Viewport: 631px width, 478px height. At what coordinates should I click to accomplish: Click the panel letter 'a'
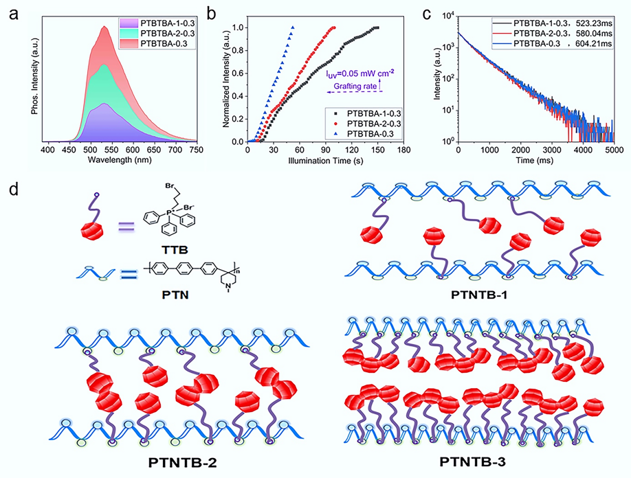click(9, 12)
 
